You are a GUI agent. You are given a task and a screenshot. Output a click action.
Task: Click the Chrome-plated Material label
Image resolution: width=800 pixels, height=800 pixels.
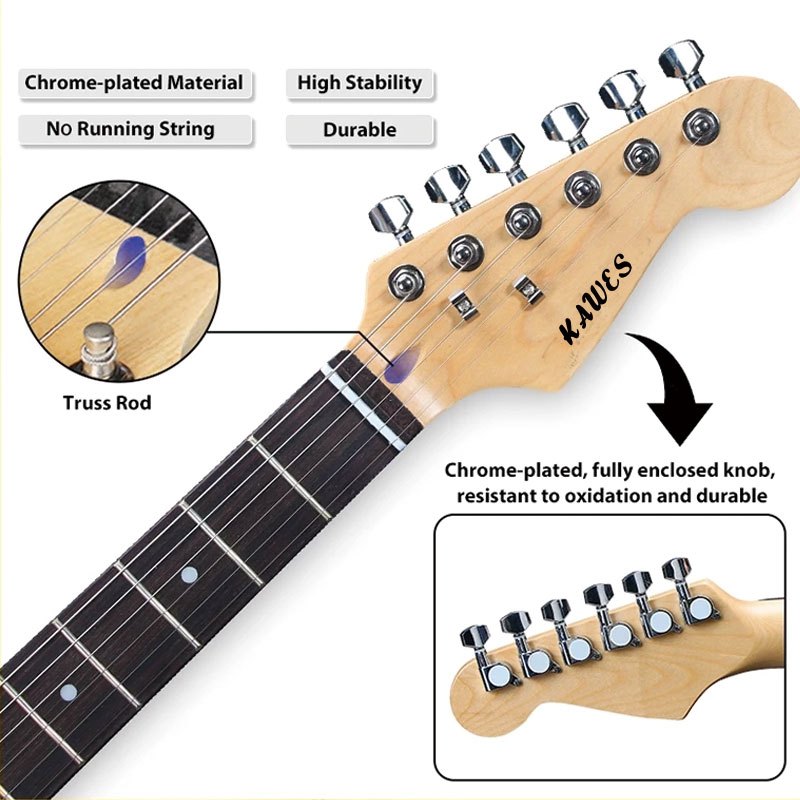click(x=134, y=83)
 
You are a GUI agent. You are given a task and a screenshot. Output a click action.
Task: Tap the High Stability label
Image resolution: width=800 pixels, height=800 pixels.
click(x=360, y=83)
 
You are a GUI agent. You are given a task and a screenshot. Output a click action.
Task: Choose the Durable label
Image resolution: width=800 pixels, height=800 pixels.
click(x=359, y=130)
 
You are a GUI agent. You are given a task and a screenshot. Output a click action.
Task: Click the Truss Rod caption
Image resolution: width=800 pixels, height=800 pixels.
click(x=107, y=403)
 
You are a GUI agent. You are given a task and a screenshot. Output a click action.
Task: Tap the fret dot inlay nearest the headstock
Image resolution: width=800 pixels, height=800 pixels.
click(x=189, y=575)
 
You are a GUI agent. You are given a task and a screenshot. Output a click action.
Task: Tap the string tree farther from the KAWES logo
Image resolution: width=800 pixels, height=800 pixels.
click(x=461, y=301)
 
